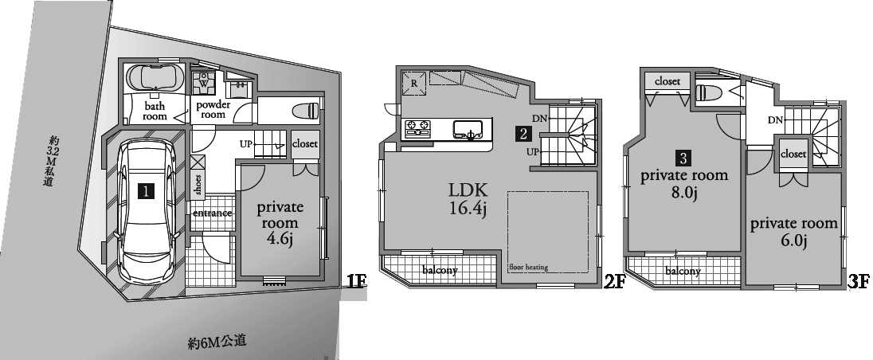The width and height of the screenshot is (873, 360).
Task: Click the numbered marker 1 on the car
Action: [x=146, y=191]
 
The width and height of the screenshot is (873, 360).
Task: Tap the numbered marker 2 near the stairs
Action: [x=523, y=134]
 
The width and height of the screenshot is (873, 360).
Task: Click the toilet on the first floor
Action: [x=306, y=110]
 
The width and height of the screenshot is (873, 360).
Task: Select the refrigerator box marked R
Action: [x=413, y=83]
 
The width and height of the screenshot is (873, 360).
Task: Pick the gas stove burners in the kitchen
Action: [x=417, y=129]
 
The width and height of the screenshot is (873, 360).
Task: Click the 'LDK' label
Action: [x=468, y=191]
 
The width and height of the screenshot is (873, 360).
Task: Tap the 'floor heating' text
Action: [x=528, y=267]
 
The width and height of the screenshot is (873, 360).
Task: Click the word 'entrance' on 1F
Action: [x=213, y=213]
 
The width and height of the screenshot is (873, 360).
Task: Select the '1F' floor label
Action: [x=356, y=281]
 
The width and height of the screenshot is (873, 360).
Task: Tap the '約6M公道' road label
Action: [x=217, y=342]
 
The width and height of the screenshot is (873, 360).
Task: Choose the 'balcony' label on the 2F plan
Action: [x=440, y=271]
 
